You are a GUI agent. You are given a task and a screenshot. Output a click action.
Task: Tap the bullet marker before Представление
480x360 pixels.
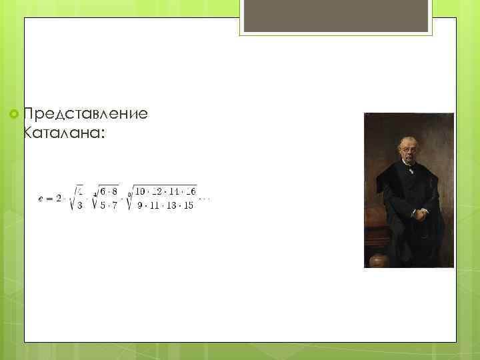click(x=14, y=115)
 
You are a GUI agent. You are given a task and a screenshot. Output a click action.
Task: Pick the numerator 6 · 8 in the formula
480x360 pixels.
click(x=109, y=192)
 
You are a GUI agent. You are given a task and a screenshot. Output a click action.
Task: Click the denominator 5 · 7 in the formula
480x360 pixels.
click(x=109, y=205)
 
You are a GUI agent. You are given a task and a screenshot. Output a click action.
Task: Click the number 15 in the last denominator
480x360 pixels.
click(x=189, y=205)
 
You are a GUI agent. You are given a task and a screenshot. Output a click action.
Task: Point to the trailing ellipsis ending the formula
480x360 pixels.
click(x=205, y=199)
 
